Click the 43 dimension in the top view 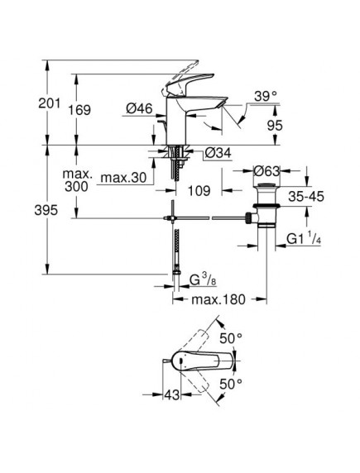click(x=171, y=397)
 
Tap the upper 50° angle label click(x=231, y=338)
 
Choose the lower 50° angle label click(x=230, y=384)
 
